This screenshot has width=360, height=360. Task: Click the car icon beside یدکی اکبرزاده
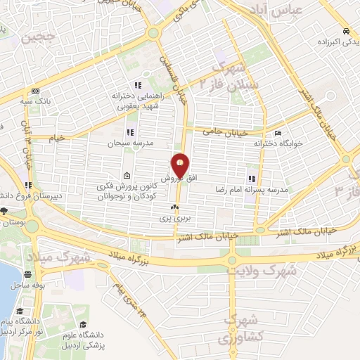pyautogui.click(x=346, y=32)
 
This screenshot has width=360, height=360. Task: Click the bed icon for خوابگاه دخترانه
pyautogui.click(x=279, y=133)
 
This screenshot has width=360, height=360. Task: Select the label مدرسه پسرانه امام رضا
pyautogui.click(x=251, y=190)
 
